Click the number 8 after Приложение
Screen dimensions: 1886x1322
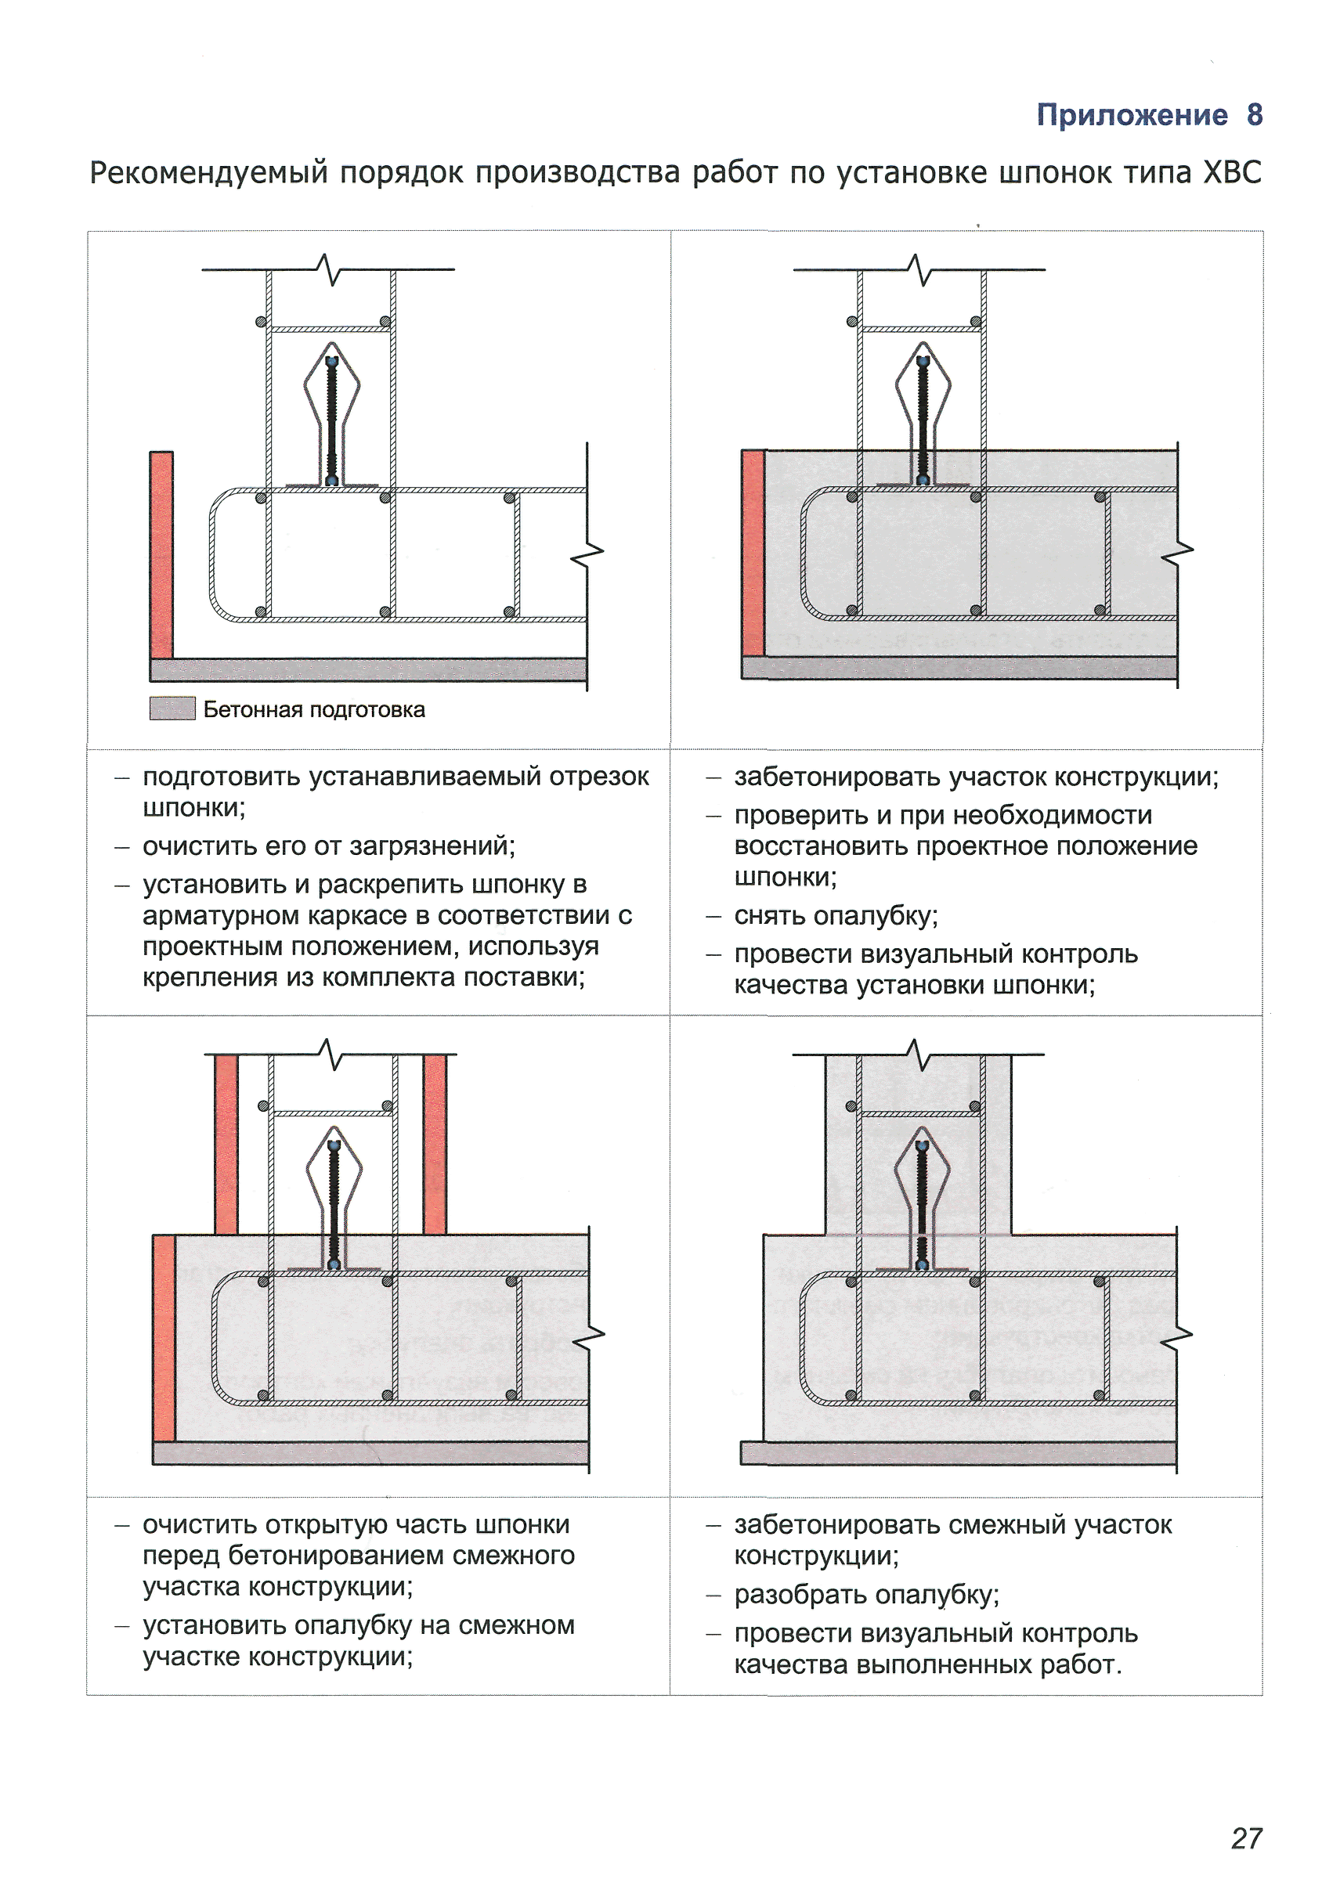click(x=1254, y=115)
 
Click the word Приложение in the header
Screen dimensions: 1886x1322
click(x=1132, y=115)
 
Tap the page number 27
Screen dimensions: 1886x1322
click(x=1245, y=1837)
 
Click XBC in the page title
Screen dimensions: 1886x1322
click(x=1232, y=172)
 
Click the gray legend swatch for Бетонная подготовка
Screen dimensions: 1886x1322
click(x=172, y=708)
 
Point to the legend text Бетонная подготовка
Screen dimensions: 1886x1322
click(x=314, y=710)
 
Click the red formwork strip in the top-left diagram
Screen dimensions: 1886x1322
click(x=161, y=554)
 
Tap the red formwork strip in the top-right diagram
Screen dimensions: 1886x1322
click(x=753, y=552)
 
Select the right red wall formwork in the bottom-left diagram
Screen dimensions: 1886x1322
click(x=435, y=1145)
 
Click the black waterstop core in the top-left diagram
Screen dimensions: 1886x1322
click(x=332, y=419)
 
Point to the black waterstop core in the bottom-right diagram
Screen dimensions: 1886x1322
click(x=922, y=1205)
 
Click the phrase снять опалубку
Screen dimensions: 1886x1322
click(x=836, y=916)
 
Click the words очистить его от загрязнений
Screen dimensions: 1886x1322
click(x=329, y=846)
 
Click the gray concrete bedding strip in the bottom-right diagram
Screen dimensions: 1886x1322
click(x=957, y=1453)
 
